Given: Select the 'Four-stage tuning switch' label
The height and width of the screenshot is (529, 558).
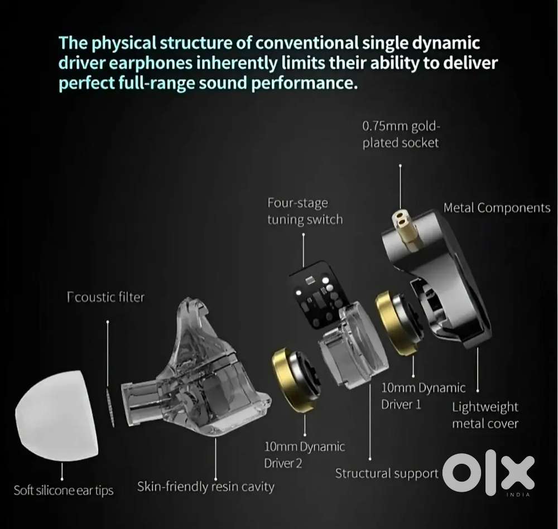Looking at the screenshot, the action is pyautogui.click(x=305, y=211).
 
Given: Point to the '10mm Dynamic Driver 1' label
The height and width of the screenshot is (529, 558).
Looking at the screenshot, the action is pyautogui.click(x=423, y=396).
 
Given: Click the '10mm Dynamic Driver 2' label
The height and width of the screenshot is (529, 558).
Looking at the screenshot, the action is pyautogui.click(x=304, y=455).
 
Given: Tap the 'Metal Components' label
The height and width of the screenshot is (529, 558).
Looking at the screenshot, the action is pyautogui.click(x=497, y=208).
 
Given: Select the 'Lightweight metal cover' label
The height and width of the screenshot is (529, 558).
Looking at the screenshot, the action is pyautogui.click(x=485, y=415).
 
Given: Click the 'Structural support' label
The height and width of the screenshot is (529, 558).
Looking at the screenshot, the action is pyautogui.click(x=387, y=474).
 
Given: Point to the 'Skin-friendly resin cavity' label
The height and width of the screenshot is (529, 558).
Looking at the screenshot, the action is pyautogui.click(x=206, y=486).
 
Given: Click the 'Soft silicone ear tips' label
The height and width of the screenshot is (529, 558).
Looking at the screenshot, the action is pyautogui.click(x=64, y=491).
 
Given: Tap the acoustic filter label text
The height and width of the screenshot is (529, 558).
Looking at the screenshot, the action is pyautogui.click(x=105, y=297).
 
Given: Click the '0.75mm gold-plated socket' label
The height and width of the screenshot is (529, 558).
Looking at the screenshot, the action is pyautogui.click(x=401, y=134).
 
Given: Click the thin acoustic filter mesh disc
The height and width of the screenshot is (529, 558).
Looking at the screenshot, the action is pyautogui.click(x=110, y=407).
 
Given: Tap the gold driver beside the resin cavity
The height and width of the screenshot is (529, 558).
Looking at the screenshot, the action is pyautogui.click(x=295, y=380).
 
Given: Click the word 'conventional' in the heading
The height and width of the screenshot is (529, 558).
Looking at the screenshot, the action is pyautogui.click(x=307, y=43).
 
